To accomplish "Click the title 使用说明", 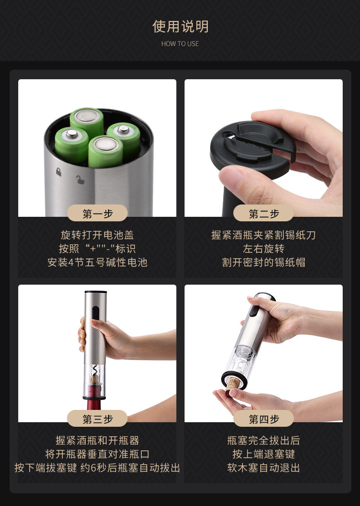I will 180,26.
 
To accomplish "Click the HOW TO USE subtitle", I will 180,44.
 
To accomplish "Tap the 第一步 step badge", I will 97,213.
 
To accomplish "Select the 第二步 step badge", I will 263,213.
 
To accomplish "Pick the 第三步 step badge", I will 97,419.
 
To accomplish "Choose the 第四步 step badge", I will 263,419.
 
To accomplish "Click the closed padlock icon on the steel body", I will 58,172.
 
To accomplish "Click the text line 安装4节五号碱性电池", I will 97,262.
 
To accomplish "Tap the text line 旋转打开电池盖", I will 97,235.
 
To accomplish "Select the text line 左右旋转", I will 263,249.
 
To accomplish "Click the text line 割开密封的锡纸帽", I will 263,262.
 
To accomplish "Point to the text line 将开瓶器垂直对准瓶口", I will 97,454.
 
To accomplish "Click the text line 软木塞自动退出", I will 263,468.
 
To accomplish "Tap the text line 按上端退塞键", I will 263,454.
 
